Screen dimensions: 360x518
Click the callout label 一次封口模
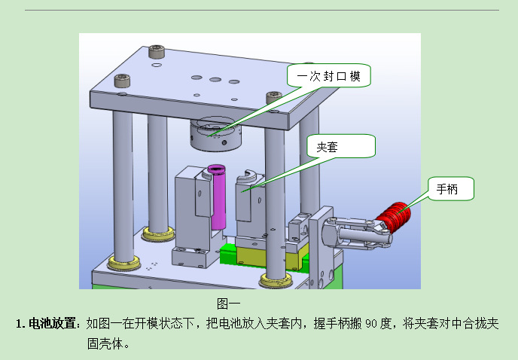click(329, 77)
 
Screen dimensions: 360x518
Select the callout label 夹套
click(340, 147)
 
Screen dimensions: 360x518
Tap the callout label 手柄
click(451, 189)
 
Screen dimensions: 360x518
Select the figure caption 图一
click(228, 304)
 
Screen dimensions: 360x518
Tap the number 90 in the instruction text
click(373, 325)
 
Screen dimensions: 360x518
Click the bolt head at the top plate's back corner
click(156, 52)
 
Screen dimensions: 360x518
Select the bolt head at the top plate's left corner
click(120, 80)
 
